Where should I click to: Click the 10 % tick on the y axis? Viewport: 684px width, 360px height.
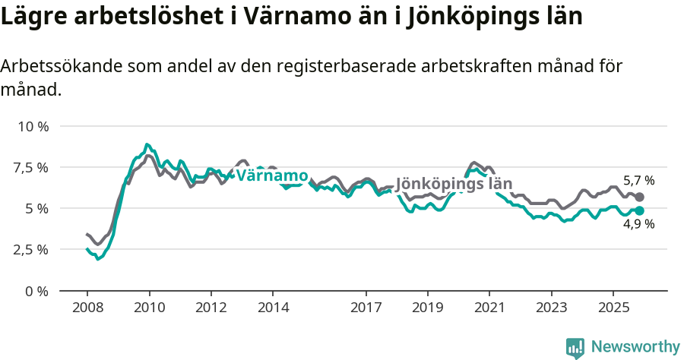pyautogui.click(x=32, y=126)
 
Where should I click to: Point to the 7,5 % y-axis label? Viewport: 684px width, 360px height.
pyautogui.click(x=31, y=167)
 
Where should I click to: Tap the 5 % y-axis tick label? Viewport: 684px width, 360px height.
pyautogui.click(x=36, y=208)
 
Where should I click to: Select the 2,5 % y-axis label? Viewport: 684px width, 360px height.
pyautogui.click(x=31, y=249)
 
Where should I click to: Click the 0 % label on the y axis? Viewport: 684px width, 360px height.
pyautogui.click(x=36, y=291)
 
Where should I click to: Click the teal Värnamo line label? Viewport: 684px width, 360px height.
pyautogui.click(x=272, y=176)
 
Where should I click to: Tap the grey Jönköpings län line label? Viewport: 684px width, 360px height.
pyautogui.click(x=454, y=184)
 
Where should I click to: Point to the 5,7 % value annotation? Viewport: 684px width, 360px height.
pyautogui.click(x=638, y=181)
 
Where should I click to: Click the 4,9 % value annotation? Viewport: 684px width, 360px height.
pyautogui.click(x=638, y=224)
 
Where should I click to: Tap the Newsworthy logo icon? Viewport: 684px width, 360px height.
pyautogui.click(x=575, y=348)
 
